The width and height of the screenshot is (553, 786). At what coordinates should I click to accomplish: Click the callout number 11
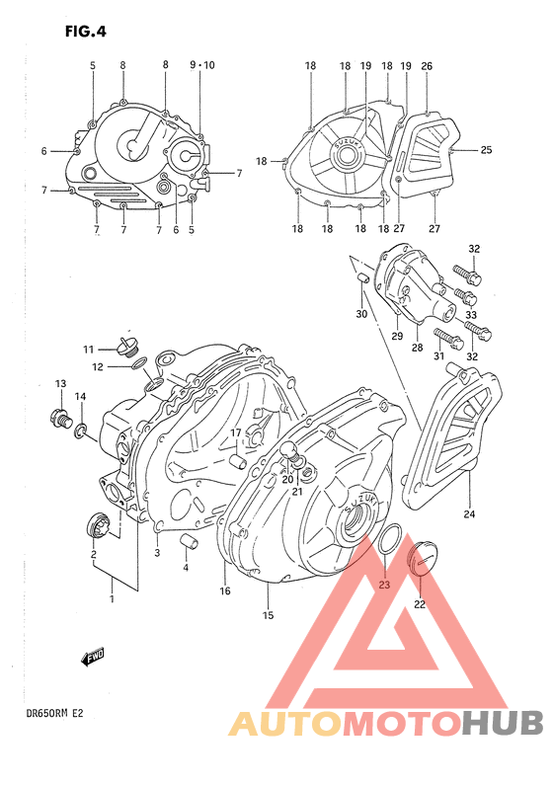[x=88, y=350]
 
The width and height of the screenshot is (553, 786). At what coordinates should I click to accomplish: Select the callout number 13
[x=60, y=383]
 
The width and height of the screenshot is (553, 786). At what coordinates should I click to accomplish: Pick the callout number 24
[x=469, y=513]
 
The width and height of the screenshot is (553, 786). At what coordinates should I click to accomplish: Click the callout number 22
[x=419, y=604]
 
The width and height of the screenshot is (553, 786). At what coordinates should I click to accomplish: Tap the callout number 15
[x=267, y=616]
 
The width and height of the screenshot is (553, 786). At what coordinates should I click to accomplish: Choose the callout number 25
[x=486, y=150]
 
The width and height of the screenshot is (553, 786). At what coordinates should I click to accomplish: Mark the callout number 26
[x=427, y=66]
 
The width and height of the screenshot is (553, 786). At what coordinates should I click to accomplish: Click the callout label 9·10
[x=201, y=65]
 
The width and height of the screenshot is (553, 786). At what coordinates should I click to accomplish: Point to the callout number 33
[x=471, y=314]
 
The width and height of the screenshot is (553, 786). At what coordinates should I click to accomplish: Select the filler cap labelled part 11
[x=124, y=347]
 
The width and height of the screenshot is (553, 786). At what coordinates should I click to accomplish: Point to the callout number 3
[x=156, y=554]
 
